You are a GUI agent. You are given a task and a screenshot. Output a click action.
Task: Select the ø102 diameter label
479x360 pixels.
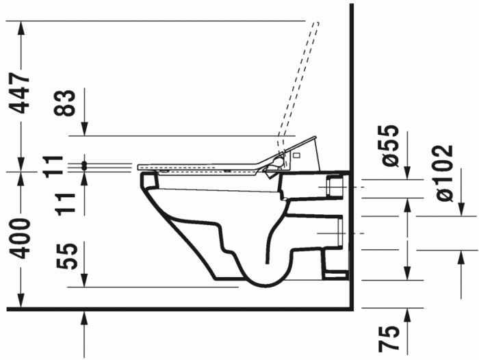click(444, 172)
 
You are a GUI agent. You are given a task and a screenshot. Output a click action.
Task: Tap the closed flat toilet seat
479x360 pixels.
click(198, 166)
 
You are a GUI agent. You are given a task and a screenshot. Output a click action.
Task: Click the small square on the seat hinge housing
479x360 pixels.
click(296, 157)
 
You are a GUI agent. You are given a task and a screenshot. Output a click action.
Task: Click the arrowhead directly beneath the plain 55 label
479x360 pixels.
click(85, 281)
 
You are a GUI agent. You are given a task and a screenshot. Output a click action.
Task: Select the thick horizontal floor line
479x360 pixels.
click(178, 309)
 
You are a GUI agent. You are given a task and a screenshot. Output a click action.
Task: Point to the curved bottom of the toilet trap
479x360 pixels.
click(263, 282)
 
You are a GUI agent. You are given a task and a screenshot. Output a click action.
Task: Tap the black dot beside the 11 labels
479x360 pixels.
click(85, 165)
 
